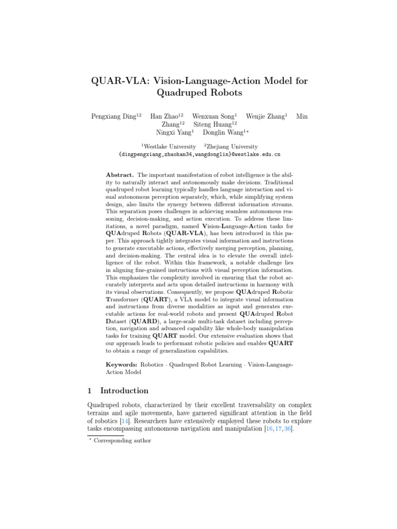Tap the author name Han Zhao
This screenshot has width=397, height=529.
click(x=164, y=117)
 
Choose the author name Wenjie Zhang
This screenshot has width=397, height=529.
click(x=265, y=117)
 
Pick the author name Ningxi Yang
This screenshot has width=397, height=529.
click(x=173, y=132)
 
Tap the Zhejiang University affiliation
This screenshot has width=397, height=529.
click(x=232, y=147)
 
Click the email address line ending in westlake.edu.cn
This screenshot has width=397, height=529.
click(x=199, y=154)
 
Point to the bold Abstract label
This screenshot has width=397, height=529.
click(x=119, y=176)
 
